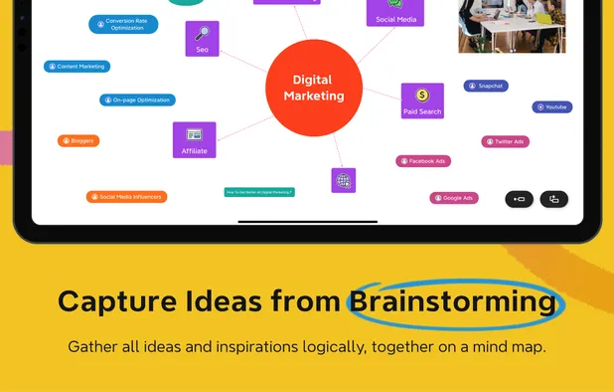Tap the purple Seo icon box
click(x=202, y=38)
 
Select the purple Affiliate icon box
click(x=194, y=139)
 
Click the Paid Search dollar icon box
click(x=422, y=100)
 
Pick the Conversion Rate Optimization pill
click(x=123, y=24)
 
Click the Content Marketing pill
click(x=77, y=67)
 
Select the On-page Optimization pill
click(x=137, y=99)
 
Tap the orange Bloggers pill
click(x=78, y=140)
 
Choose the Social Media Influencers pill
click(x=126, y=197)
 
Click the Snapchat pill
click(x=486, y=86)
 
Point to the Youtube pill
click(x=551, y=106)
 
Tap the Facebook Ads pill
click(x=423, y=161)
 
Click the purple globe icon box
click(x=344, y=180)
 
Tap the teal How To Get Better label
click(x=259, y=191)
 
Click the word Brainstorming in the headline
click(x=452, y=301)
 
